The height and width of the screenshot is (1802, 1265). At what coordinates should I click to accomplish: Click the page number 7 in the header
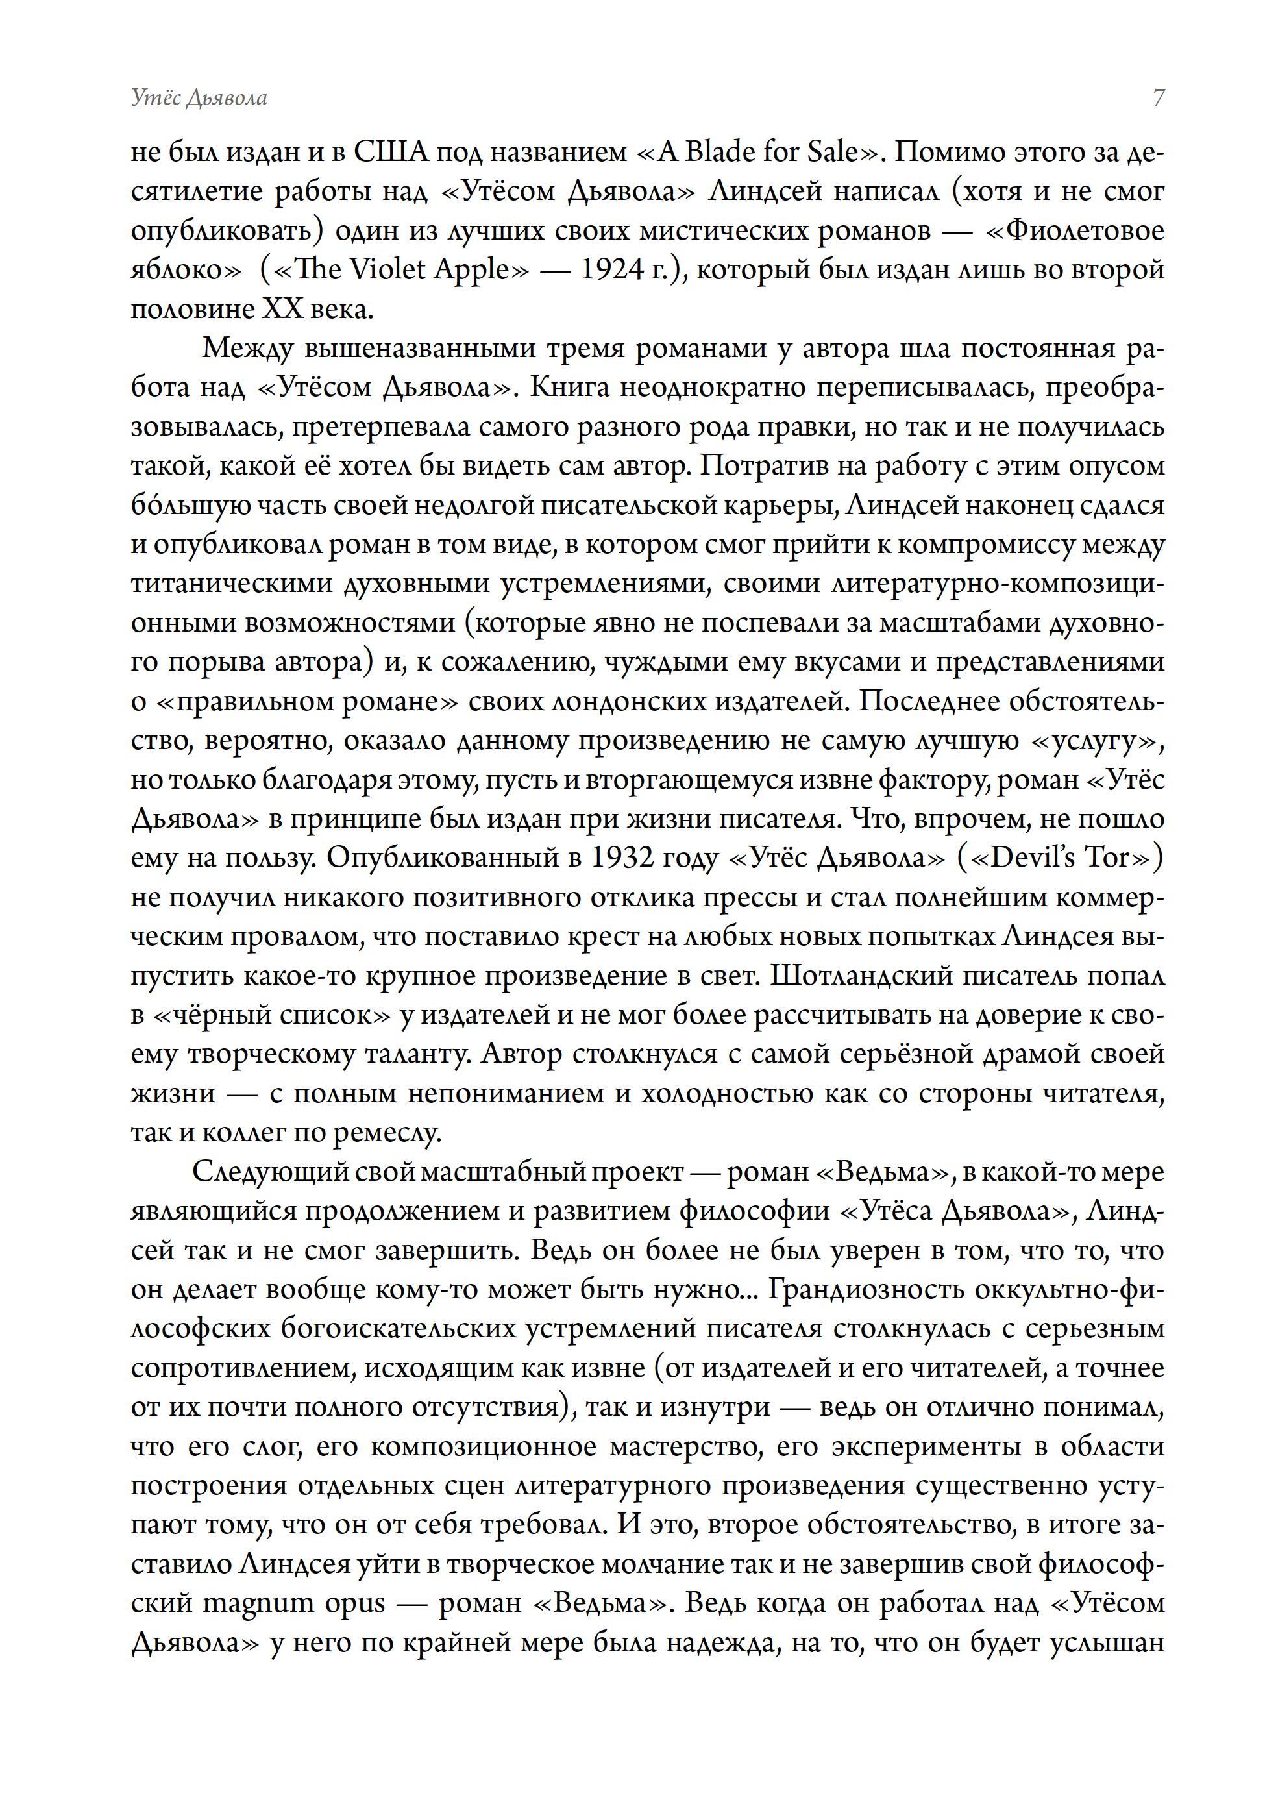click(1159, 98)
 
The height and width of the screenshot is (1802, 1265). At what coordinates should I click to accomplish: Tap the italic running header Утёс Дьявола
click(199, 98)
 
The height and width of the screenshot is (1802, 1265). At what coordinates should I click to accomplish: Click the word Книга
click(568, 387)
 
